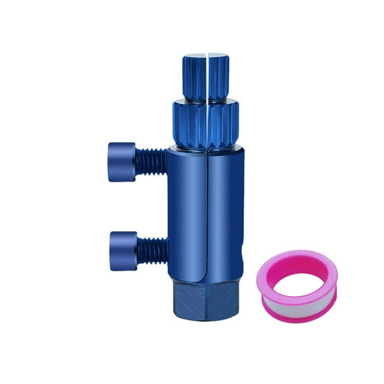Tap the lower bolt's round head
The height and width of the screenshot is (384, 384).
[x=123, y=250]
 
